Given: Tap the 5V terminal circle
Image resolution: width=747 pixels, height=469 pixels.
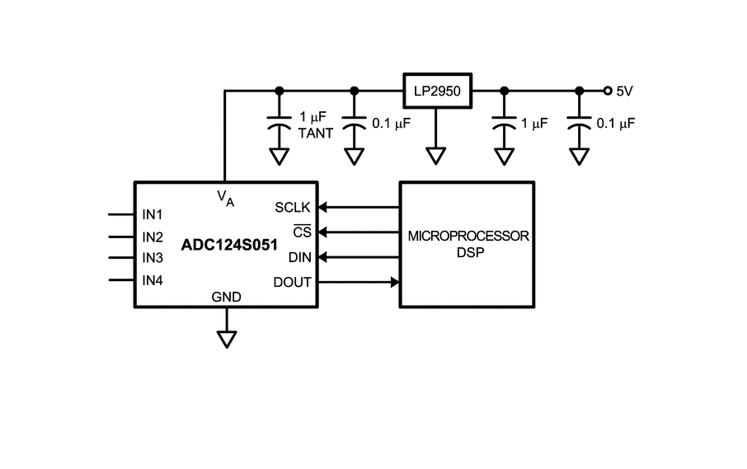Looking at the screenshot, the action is click(x=608, y=91).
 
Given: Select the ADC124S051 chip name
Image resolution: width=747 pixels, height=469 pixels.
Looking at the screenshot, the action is click(x=229, y=245).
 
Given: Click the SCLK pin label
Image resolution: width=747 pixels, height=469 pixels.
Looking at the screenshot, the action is click(x=293, y=208).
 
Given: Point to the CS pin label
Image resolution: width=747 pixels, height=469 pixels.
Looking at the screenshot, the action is click(x=302, y=232).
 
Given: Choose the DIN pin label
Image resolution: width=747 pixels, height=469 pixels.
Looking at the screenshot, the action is click(x=299, y=258).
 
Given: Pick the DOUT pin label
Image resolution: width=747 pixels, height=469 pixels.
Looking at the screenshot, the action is click(x=292, y=283).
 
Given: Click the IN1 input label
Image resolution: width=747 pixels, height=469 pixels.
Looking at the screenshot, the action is click(x=153, y=215).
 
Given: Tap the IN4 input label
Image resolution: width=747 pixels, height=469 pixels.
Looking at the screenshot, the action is click(x=153, y=280).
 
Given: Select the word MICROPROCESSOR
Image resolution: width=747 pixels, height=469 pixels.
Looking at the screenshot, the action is click(x=468, y=237).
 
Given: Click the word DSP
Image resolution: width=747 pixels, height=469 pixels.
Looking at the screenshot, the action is click(x=470, y=252).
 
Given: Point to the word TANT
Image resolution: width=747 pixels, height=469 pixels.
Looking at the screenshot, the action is click(x=316, y=134).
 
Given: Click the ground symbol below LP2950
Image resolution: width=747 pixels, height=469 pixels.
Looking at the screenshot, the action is click(x=436, y=156).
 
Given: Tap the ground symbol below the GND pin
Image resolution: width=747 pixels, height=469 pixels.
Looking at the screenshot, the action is click(x=227, y=340).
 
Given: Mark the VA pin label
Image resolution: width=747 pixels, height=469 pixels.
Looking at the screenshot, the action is click(x=225, y=198).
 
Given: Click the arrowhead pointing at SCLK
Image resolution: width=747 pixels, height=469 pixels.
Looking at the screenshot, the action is click(x=322, y=207).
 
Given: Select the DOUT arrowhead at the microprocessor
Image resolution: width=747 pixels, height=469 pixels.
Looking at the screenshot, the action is click(x=395, y=283).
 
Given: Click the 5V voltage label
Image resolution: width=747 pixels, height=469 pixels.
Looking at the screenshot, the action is click(x=625, y=91).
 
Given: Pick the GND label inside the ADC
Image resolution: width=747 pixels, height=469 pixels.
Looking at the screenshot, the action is click(x=226, y=297).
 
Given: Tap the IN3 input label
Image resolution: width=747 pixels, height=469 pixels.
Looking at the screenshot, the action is click(x=153, y=258).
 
